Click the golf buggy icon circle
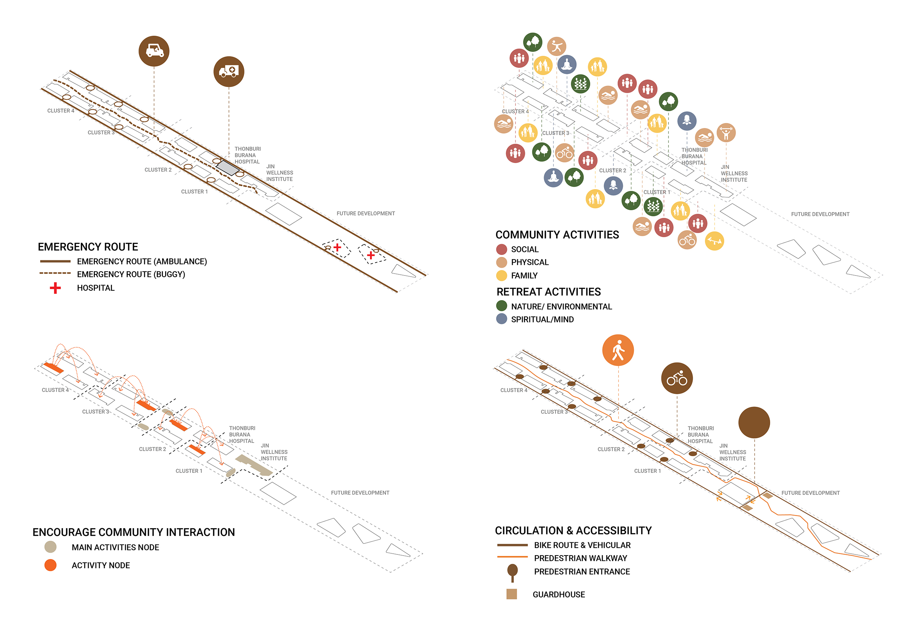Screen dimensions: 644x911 [154, 51]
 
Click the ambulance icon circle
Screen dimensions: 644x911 [229, 71]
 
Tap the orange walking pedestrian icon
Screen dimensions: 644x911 [618, 350]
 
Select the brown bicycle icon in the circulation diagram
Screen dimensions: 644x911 [676, 378]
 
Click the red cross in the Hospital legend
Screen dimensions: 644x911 [55, 288]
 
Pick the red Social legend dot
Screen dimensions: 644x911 [501, 249]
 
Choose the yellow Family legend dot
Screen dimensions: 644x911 [501, 276]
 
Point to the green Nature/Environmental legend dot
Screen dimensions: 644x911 [501, 305]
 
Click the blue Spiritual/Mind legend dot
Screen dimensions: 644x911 [501, 319]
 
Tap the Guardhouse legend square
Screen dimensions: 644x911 [511, 594]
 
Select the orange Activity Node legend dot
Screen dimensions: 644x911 [50, 565]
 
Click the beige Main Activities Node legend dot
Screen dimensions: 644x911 [50, 547]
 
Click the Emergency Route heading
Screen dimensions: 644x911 [88, 247]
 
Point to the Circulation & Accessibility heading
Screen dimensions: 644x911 [573, 531]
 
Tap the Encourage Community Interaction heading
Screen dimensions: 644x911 [133, 532]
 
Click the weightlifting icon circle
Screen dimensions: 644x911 [726, 132]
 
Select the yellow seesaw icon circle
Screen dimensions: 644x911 [714, 241]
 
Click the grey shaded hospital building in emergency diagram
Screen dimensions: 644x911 [228, 167]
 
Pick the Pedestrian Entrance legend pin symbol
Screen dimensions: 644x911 [512, 572]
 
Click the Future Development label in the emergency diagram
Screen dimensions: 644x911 [366, 214]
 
